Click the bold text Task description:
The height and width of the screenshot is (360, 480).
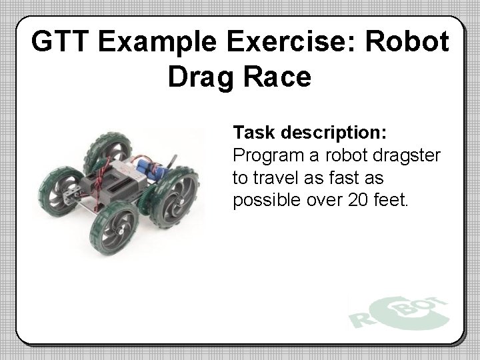309,133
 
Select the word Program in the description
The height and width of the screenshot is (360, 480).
267,155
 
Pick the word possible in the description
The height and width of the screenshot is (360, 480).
265,200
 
